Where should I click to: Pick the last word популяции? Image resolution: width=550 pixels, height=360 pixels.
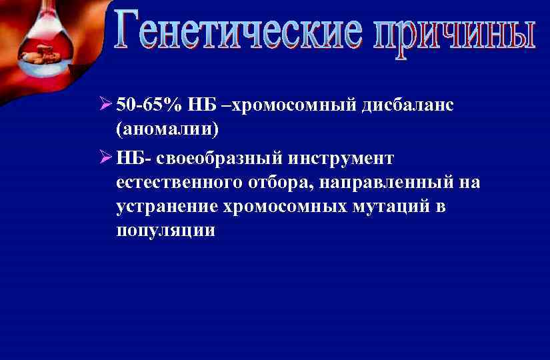[x=165, y=230]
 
